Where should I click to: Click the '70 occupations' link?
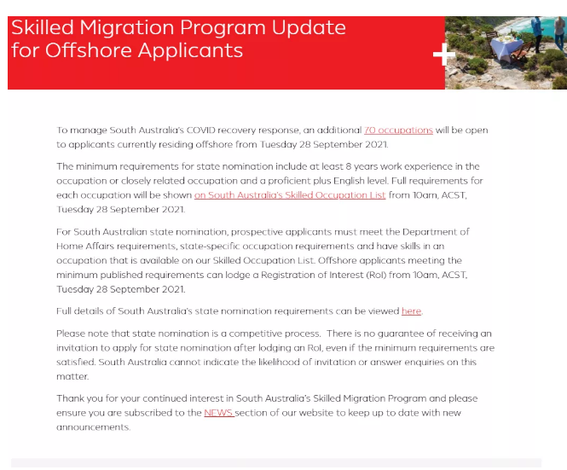point(398,130)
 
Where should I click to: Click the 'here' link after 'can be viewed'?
point(411,310)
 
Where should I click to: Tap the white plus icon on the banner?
point(444,55)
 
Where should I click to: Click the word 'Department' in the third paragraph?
point(425,232)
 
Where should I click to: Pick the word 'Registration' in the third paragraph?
point(326,275)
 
